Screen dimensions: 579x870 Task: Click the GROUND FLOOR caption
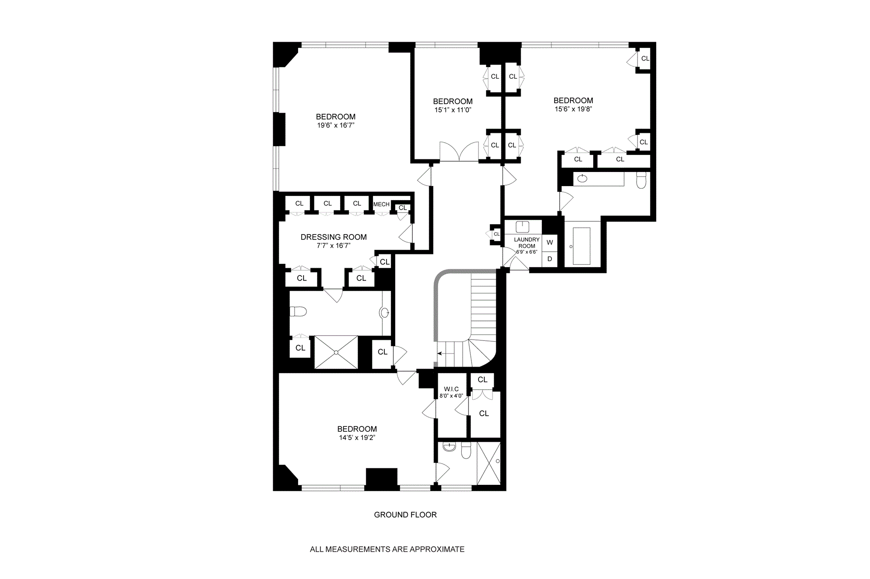click(405, 515)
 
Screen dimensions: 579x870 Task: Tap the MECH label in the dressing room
click(381, 204)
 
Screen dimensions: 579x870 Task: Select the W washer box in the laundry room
click(550, 242)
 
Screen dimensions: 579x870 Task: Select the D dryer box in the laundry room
click(550, 259)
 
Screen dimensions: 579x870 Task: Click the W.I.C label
click(451, 389)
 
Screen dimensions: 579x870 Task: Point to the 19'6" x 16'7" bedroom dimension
click(335, 125)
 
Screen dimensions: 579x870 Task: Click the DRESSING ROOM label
click(333, 237)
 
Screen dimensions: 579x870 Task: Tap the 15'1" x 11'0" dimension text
click(453, 110)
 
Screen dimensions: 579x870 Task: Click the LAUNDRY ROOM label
click(527, 243)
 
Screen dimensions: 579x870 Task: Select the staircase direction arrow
click(441, 353)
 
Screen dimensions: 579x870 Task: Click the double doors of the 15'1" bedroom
click(459, 152)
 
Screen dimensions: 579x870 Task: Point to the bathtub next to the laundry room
click(581, 246)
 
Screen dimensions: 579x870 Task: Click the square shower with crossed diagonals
click(336, 352)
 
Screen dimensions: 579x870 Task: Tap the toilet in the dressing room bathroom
click(299, 311)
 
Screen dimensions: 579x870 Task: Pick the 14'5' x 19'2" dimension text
click(357, 438)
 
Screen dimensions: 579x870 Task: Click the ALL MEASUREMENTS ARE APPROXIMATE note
click(387, 549)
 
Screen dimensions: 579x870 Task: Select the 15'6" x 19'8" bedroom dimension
click(573, 109)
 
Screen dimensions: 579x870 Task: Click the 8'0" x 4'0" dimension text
click(451, 396)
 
